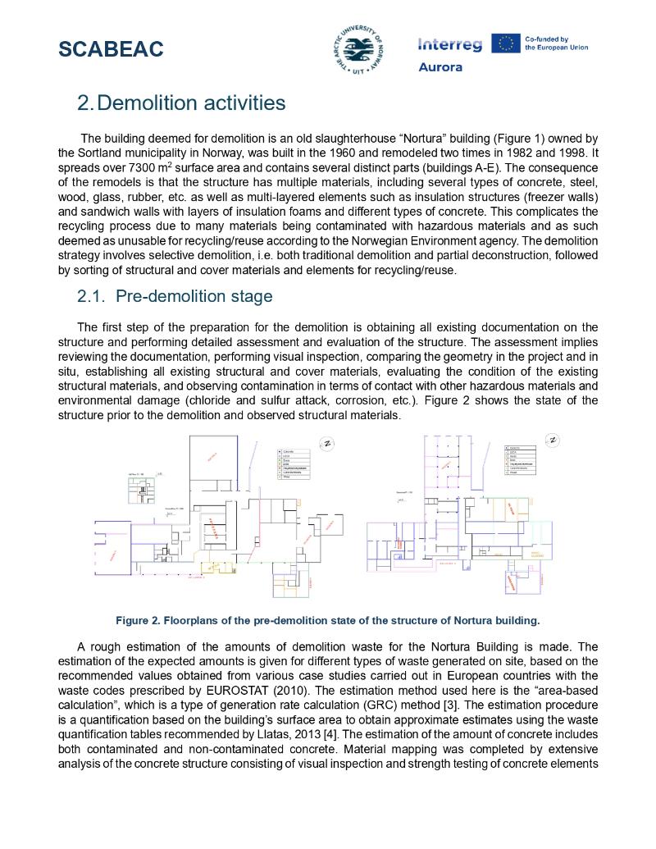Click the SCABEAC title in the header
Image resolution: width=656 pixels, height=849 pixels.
tap(111, 49)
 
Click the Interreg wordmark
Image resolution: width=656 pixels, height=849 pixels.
tap(449, 45)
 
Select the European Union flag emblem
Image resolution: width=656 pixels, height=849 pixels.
tap(505, 43)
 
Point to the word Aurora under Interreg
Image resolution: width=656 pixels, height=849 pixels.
tap(440, 67)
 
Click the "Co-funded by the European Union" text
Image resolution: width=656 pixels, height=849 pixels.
tap(556, 43)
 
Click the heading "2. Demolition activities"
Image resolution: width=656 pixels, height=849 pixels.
tap(181, 103)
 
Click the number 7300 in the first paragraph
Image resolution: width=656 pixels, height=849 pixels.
tap(132, 167)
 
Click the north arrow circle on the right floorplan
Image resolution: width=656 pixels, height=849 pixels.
tap(553, 440)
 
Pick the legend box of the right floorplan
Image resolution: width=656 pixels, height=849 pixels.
tap(522, 460)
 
